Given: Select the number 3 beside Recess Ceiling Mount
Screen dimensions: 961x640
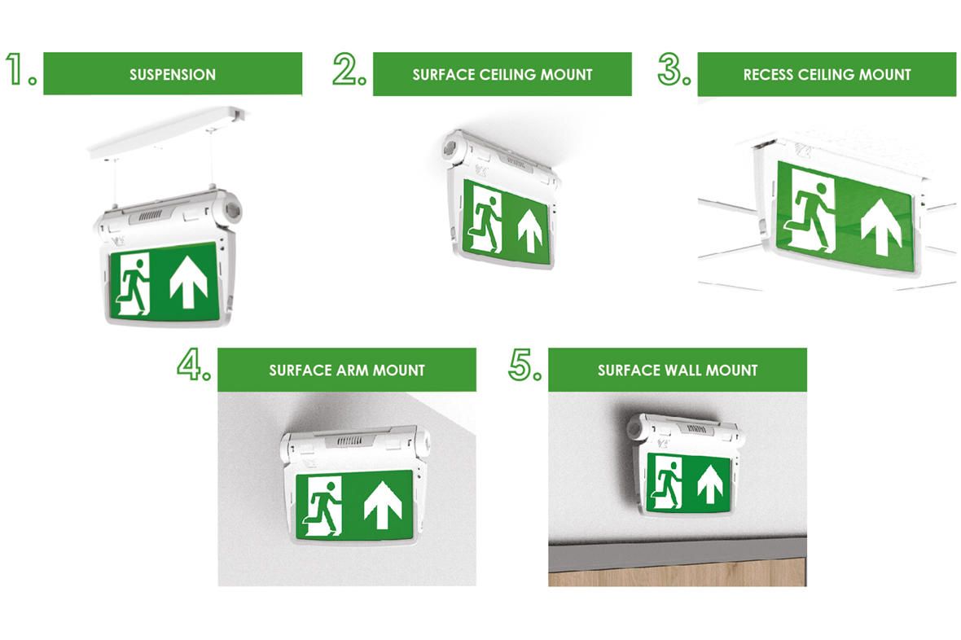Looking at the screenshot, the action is pyautogui.click(x=671, y=68).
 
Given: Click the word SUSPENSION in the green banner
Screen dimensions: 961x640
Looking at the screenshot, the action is pyautogui.click(x=172, y=75).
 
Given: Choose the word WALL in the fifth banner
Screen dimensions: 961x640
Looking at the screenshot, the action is pyautogui.click(x=683, y=370).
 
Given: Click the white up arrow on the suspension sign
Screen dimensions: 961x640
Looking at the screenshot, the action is pyautogui.click(x=188, y=283).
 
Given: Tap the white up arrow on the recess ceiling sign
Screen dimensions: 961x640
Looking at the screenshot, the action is pyautogui.click(x=880, y=226).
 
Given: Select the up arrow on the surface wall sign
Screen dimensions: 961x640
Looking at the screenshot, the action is pyautogui.click(x=710, y=484).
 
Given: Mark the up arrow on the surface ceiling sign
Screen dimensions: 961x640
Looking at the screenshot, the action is pyautogui.click(x=530, y=231).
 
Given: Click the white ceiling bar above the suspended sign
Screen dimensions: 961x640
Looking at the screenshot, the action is pyautogui.click(x=168, y=132).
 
